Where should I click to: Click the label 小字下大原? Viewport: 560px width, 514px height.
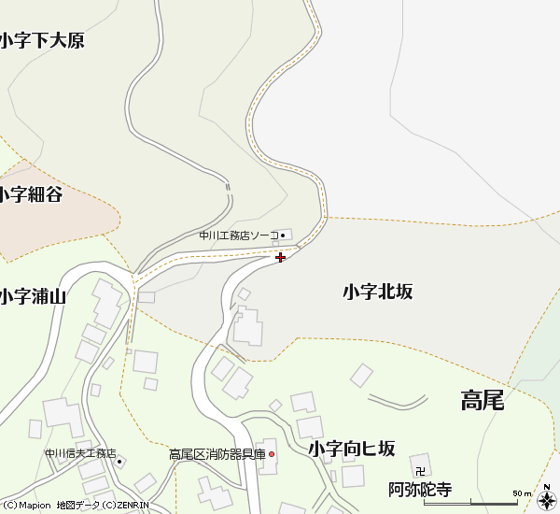[42, 41]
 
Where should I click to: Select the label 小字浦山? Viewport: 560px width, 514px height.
[33, 297]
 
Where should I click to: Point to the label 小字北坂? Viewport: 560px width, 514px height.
[377, 292]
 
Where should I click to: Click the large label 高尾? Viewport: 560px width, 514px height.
[483, 401]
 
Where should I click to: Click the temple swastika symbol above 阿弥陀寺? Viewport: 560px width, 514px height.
[420, 471]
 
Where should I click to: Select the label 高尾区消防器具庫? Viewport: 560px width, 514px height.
[217, 455]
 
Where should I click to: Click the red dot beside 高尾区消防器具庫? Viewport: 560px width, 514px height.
[272, 455]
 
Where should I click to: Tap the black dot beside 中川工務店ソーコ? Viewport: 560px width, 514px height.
[286, 236]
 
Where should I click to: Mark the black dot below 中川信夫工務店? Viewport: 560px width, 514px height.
[119, 463]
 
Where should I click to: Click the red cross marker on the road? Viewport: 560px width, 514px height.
[281, 257]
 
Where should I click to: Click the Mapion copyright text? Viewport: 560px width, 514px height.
[26, 507]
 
